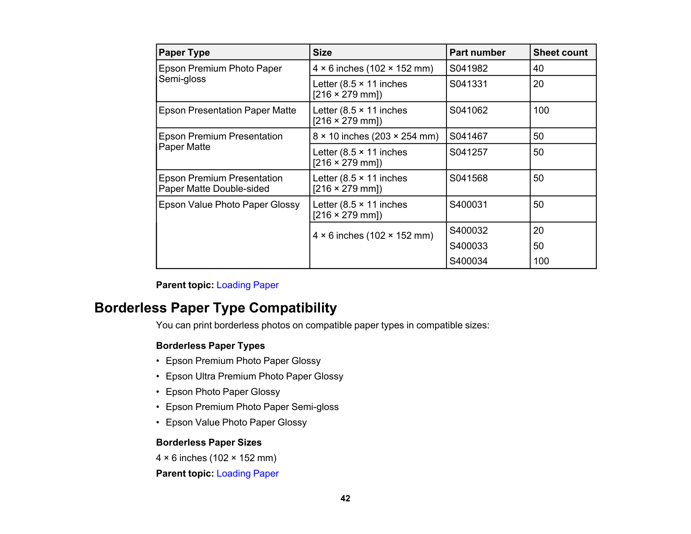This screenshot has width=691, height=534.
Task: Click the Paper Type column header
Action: pos(184,53)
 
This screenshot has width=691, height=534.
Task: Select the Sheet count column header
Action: pos(560,53)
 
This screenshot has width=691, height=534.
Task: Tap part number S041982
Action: pos(468,68)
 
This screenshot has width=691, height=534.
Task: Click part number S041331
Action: pos(468,84)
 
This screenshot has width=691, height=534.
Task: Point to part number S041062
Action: pos(468,110)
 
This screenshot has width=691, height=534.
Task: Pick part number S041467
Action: pos(468,136)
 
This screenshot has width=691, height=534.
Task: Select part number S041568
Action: pos(468,178)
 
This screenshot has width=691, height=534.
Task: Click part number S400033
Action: pos(468,246)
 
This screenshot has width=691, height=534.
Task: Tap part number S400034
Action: pos(468,261)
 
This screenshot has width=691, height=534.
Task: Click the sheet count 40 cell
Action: pos(538,68)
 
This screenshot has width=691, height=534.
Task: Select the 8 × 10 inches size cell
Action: pos(375,136)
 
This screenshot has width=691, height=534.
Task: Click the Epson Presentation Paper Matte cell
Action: pos(227,110)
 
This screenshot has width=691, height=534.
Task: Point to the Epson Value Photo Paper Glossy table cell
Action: pos(229,204)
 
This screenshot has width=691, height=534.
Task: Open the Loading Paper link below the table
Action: pos(247,285)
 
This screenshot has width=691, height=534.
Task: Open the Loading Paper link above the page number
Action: pos(247,473)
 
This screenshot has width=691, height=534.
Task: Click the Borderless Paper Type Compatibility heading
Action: pos(215,308)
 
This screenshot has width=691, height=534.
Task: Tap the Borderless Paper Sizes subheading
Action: pos(209,442)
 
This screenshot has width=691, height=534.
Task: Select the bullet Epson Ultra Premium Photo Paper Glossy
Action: pos(254,376)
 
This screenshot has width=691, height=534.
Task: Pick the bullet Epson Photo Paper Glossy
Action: pos(222,392)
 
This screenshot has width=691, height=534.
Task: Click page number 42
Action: pos(345,498)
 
